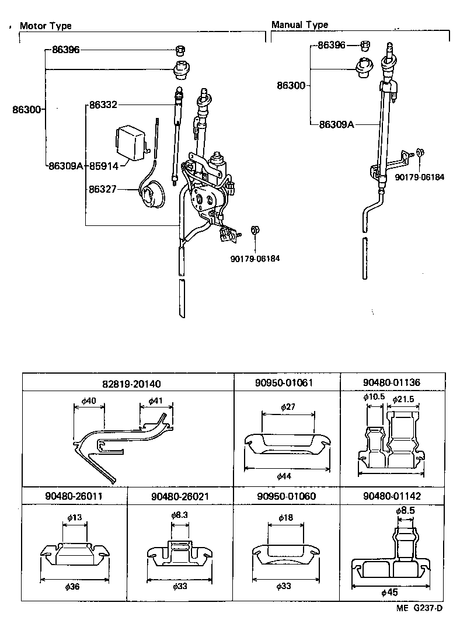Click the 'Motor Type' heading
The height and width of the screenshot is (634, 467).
(x=46, y=26)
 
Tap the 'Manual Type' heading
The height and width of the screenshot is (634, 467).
(x=299, y=25)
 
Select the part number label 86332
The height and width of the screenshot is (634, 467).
(x=103, y=105)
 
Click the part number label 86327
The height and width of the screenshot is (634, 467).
(x=103, y=189)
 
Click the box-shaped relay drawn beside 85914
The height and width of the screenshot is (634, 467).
(x=131, y=141)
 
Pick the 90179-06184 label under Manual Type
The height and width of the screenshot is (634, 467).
(x=419, y=177)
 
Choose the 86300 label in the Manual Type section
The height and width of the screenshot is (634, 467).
(x=291, y=85)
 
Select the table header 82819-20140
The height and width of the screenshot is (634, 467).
(x=128, y=383)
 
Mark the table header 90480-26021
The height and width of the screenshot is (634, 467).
(x=180, y=496)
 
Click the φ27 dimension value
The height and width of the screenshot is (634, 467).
(x=287, y=407)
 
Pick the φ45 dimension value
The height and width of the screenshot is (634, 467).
(x=389, y=592)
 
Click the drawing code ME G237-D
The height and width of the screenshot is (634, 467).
(x=419, y=608)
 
